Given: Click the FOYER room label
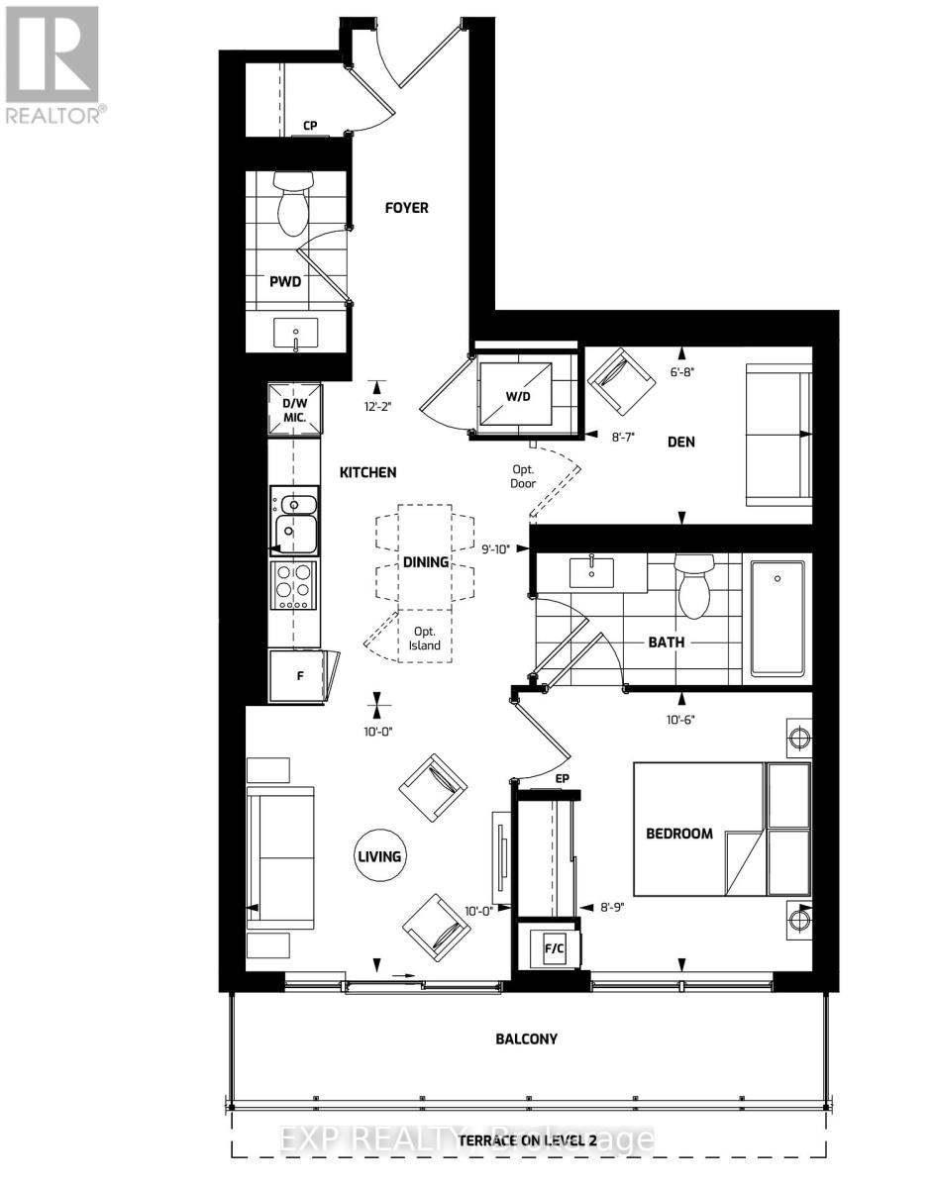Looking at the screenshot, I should (407, 208).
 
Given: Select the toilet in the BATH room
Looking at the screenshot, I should (693, 583).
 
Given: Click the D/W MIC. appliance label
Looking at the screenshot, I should (295, 410).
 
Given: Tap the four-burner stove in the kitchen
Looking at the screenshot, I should (294, 585).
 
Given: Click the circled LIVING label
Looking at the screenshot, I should (380, 855).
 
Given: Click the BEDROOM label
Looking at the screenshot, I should (679, 834).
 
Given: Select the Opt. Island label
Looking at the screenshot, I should (425, 638).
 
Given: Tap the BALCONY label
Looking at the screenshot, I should (527, 1039).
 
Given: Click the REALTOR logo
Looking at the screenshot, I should (55, 65).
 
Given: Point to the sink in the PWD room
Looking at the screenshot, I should (295, 335).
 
